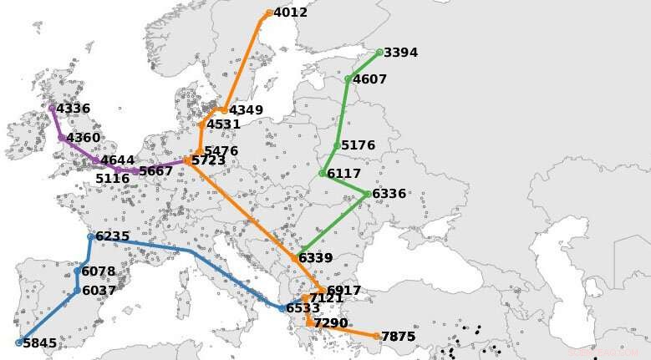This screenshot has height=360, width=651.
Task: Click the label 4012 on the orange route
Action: [290, 13]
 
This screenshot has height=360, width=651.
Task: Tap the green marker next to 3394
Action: [379, 52]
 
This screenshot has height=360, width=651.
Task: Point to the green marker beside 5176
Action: [337, 145]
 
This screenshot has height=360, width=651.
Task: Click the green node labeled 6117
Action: [323, 174]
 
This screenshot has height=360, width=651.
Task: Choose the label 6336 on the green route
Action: [389, 194]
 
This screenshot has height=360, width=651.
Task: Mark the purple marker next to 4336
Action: [52, 108]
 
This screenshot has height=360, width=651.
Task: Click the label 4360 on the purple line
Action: [83, 138]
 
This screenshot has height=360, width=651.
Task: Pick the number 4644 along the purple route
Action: [117, 160]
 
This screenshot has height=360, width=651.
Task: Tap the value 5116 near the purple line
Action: [112, 178]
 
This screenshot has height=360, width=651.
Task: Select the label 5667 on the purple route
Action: [155, 171]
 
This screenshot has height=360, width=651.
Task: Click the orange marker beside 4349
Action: [224, 110]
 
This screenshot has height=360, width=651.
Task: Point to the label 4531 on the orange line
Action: [223, 124]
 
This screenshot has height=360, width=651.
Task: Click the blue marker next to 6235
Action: [90, 236]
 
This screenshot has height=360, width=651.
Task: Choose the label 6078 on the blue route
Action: [99, 271]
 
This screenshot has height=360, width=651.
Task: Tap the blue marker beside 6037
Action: [77, 291]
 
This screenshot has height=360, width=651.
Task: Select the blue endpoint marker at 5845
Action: [19, 342]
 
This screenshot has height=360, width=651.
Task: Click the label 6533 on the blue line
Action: [303, 308]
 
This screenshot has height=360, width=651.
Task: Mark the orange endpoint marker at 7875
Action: [377, 337]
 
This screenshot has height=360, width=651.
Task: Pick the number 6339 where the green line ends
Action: [315, 257]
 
